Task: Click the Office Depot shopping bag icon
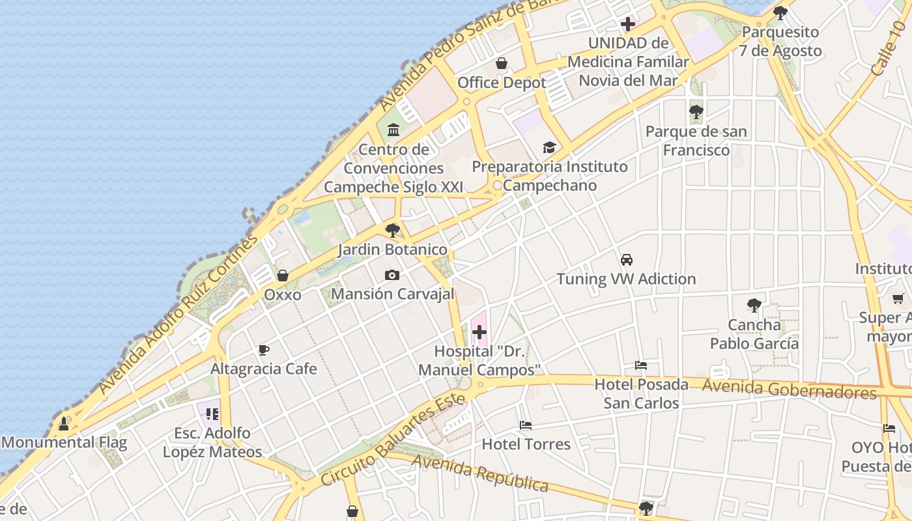click(502, 63)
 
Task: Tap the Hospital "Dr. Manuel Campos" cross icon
click(479, 333)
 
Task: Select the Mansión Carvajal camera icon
click(392, 275)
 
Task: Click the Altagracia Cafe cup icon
click(264, 350)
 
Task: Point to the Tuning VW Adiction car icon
click(627, 260)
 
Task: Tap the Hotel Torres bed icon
click(526, 425)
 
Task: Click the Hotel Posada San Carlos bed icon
click(641, 365)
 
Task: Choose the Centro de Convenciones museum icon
click(393, 130)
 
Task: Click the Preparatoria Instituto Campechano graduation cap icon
click(549, 148)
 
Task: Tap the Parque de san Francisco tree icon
click(696, 112)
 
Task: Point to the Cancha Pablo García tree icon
click(754, 305)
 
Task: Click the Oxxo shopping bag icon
click(283, 275)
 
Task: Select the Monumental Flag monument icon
click(64, 424)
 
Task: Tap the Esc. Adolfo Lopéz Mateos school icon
click(212, 414)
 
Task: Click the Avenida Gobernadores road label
click(789, 389)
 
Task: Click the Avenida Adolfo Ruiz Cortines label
click(178, 314)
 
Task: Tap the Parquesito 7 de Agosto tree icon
click(780, 12)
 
